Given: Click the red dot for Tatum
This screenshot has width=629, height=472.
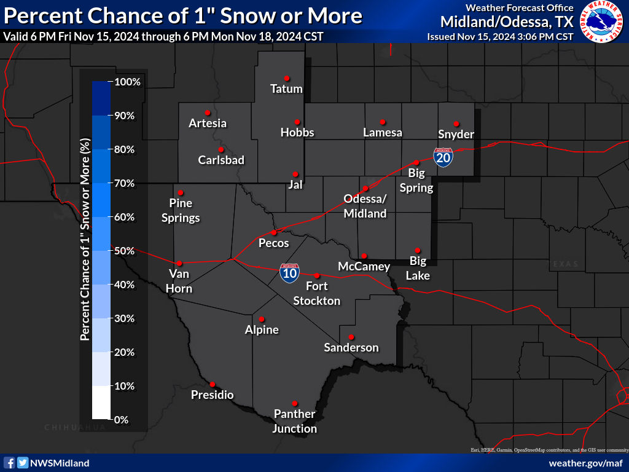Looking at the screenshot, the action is click(x=286, y=78).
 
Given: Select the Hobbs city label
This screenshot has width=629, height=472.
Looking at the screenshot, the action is click(x=297, y=132).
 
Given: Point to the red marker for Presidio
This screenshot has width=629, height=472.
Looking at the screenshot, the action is click(x=213, y=384).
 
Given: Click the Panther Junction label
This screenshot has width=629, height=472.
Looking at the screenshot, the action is click(x=295, y=421).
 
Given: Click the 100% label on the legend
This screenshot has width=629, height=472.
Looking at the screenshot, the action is click(x=128, y=82).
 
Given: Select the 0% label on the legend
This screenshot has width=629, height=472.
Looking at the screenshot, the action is click(x=121, y=420).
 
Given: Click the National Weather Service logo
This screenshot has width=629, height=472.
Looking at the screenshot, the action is click(x=602, y=22).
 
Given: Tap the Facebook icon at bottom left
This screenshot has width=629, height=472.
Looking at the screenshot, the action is click(x=10, y=463).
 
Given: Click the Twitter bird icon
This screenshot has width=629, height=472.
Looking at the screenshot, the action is click(x=23, y=463).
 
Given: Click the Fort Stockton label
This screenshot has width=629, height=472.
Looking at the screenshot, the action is click(x=317, y=293).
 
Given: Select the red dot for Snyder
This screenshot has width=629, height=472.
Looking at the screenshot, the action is click(x=456, y=124).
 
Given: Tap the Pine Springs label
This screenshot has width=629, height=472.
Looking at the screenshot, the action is click(x=181, y=210).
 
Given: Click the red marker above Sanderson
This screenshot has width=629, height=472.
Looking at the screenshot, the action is click(x=351, y=337).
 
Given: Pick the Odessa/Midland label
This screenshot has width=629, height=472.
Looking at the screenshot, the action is click(x=365, y=206).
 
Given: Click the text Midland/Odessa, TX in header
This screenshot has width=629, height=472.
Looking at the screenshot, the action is click(x=507, y=22).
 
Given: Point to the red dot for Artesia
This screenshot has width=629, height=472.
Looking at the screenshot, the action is click(x=208, y=112).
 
